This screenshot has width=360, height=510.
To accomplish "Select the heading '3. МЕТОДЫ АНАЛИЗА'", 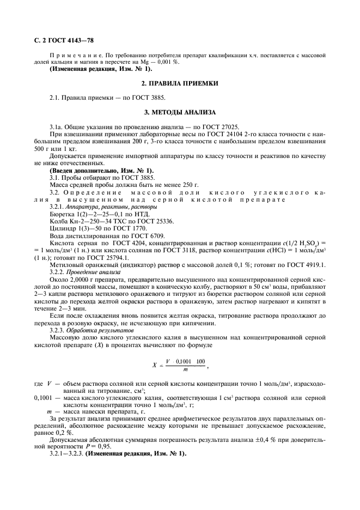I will click(180, 113).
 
